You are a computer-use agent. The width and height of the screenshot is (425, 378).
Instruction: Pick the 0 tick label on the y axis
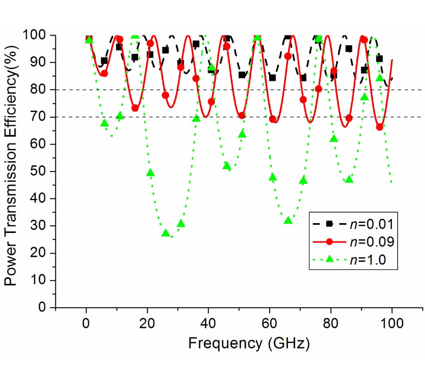[x=46, y=308]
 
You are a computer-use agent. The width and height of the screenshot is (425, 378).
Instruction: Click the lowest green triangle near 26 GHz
[x=165, y=233]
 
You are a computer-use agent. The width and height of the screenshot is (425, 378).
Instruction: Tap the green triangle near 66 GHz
[x=288, y=221]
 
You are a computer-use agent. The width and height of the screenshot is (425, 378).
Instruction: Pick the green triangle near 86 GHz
[x=349, y=180]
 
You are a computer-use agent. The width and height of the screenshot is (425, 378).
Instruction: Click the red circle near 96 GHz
[x=380, y=127]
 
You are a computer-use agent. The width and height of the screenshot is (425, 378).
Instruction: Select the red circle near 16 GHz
[x=135, y=108]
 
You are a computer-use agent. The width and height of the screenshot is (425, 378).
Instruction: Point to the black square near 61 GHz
[x=272, y=78]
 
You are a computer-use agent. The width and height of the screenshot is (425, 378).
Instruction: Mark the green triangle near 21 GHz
[x=150, y=173]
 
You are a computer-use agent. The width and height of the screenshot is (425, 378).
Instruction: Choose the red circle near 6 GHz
[x=104, y=74]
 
